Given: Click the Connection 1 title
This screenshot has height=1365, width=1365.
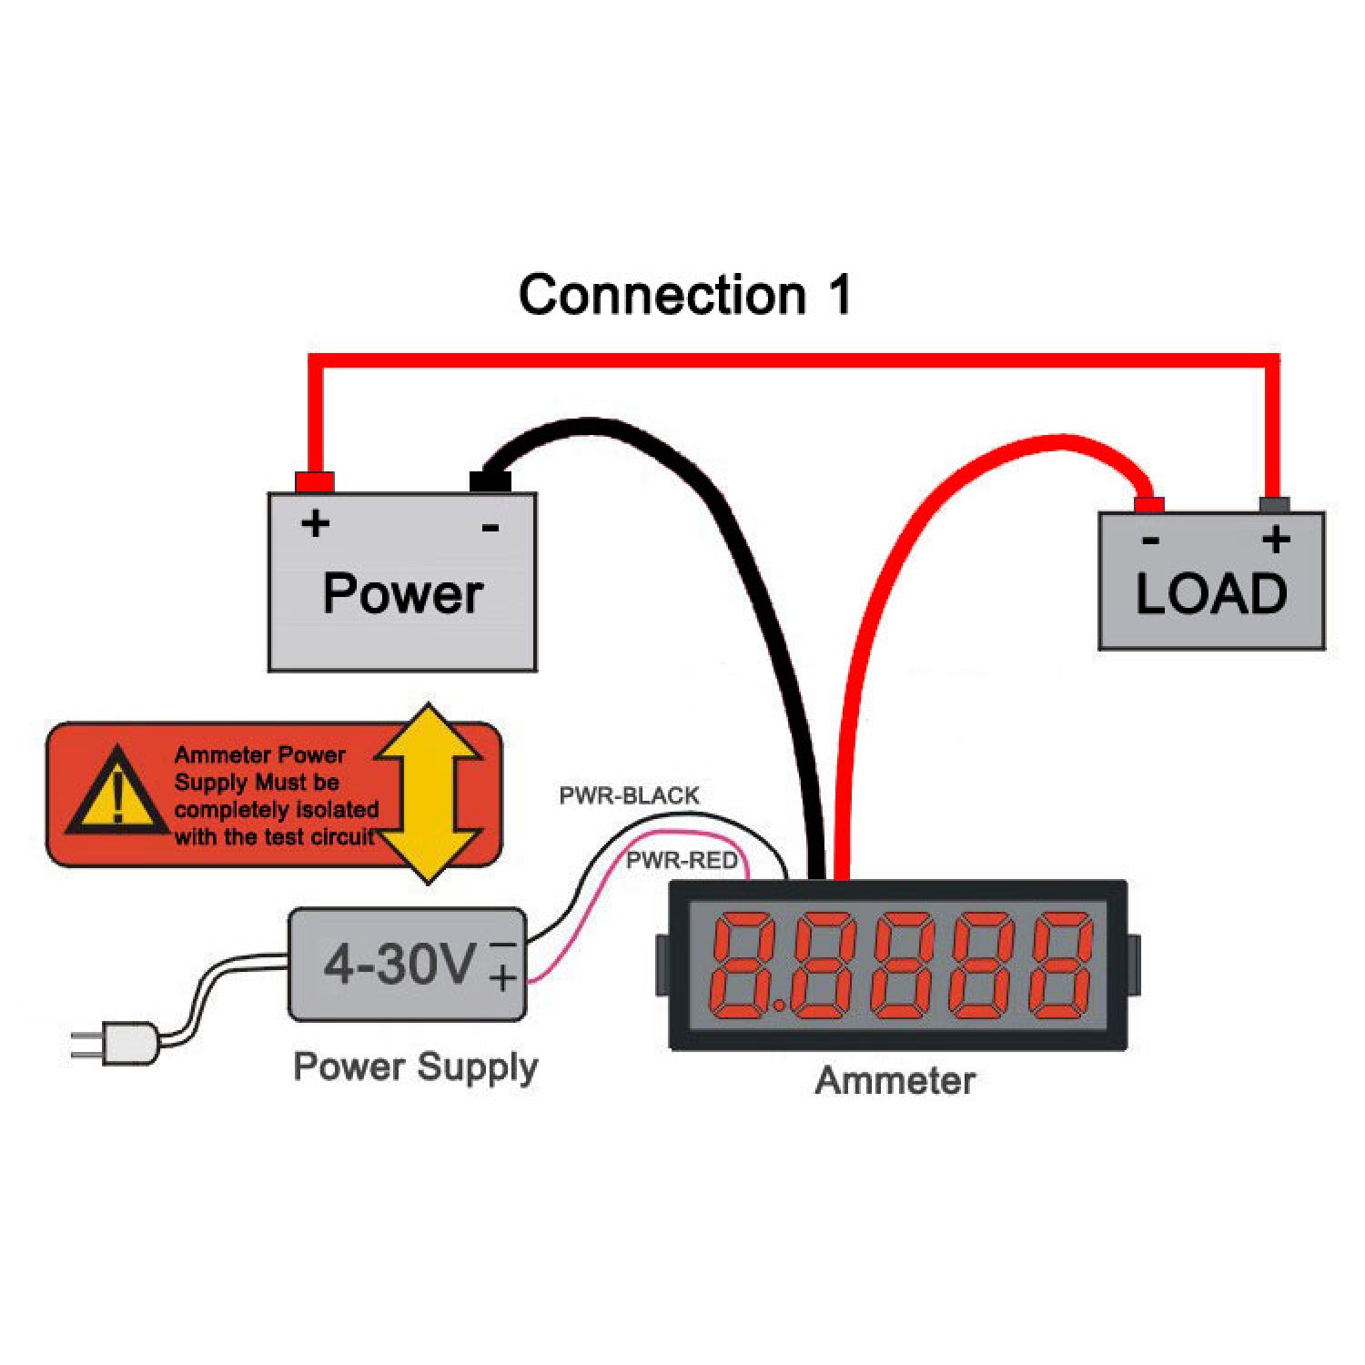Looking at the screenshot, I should pos(685,295).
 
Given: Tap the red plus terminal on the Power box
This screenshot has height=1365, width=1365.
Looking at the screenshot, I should pos(314,481).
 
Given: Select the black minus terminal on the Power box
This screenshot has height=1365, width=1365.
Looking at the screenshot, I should pos(490,481).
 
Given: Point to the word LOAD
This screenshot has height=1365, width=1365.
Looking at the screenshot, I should pos(1211,593).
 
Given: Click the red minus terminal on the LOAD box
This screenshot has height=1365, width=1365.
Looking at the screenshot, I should pos(1149,505).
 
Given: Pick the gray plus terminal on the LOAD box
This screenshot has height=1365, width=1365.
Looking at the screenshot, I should pos(1274,505).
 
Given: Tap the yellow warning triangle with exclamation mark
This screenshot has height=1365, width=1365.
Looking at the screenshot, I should pos(116,792).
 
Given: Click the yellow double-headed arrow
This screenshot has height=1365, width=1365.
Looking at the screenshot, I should pos(428,793).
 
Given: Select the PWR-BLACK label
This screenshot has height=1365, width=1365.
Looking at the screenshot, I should pos(629,796).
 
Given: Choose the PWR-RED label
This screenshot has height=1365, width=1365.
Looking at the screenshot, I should pos(682,860).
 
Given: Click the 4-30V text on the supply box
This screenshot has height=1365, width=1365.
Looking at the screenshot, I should pos(400,963).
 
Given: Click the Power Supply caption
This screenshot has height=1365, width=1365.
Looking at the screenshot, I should pos(415,1067).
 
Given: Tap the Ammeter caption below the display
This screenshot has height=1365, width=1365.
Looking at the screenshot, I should pos(895,1081).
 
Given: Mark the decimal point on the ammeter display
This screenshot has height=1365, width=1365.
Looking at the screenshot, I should pos(781,1006).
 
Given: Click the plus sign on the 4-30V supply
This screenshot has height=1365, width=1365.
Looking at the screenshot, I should pos(503,978).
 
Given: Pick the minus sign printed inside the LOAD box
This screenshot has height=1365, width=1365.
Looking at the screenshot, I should pos(1151,541).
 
